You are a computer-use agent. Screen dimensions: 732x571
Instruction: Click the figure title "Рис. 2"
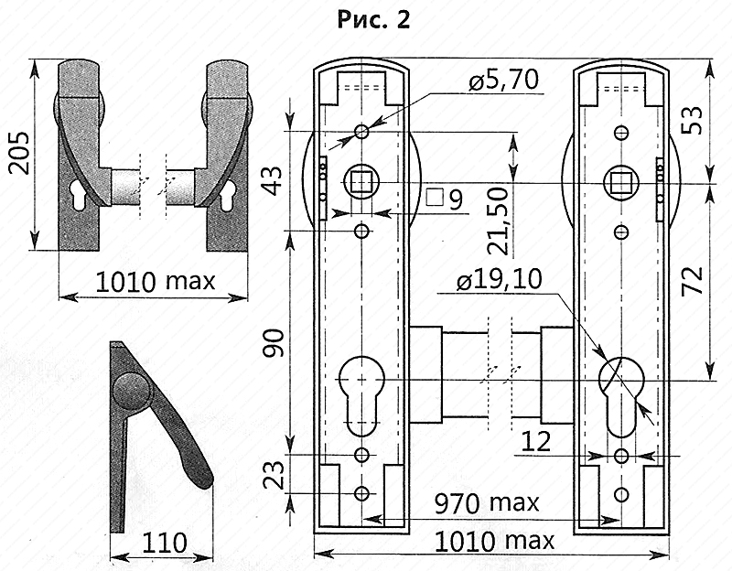pyautogui.click(x=373, y=20)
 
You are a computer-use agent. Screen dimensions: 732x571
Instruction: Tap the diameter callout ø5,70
pyautogui.click(x=504, y=80)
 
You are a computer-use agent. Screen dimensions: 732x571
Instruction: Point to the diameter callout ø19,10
pyautogui.click(x=499, y=280)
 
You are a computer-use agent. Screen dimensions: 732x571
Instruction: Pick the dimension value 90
pyautogui.click(x=273, y=343)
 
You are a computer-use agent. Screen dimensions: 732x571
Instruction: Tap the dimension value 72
pyautogui.click(x=693, y=280)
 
